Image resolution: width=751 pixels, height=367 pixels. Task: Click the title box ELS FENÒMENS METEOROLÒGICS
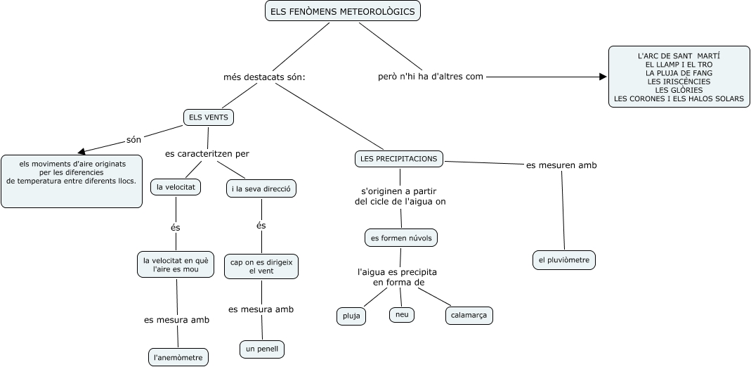point(343,11)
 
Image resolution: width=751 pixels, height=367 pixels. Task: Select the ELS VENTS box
point(209,117)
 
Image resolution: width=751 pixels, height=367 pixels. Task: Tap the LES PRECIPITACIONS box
point(398,159)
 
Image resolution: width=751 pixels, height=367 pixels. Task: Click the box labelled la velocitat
point(176,187)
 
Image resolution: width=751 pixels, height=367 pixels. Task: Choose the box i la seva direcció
point(262,188)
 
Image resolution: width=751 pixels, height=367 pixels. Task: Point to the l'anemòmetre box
point(178,357)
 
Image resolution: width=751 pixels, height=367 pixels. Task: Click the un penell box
point(263,349)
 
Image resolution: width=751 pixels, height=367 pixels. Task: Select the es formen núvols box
point(401,238)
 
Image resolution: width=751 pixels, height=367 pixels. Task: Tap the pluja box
point(351,316)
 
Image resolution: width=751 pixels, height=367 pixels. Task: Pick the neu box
point(402,314)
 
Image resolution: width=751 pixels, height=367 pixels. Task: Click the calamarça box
point(469,316)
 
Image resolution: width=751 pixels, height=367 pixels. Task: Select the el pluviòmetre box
point(564,260)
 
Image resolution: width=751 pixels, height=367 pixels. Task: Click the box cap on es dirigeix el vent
point(261,266)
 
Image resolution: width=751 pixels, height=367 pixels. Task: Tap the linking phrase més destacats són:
point(264,77)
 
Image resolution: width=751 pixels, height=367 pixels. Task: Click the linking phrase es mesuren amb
point(561,165)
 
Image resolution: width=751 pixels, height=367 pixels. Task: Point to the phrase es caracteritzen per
point(207,153)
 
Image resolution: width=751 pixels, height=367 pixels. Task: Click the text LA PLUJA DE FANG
point(679,72)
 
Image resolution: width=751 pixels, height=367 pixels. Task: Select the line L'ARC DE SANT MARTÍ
point(679,55)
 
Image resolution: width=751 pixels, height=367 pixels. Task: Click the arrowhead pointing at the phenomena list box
point(603,77)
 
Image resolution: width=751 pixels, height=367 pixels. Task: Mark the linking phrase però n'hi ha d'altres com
point(431,77)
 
